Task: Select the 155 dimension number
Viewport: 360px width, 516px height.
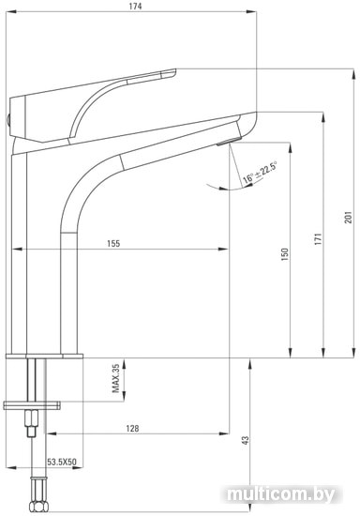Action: point(113,244)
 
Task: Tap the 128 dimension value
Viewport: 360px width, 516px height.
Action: point(132,428)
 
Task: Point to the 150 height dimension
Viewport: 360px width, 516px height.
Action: point(285,254)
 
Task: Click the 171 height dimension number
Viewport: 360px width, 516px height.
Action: point(318,239)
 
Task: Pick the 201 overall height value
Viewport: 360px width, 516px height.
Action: point(348,218)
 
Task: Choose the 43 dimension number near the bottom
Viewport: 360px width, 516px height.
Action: point(246,441)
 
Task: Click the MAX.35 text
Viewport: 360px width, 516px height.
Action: point(115,378)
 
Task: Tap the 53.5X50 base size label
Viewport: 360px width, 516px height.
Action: point(62,462)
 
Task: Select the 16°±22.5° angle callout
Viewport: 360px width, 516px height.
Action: point(260,172)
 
